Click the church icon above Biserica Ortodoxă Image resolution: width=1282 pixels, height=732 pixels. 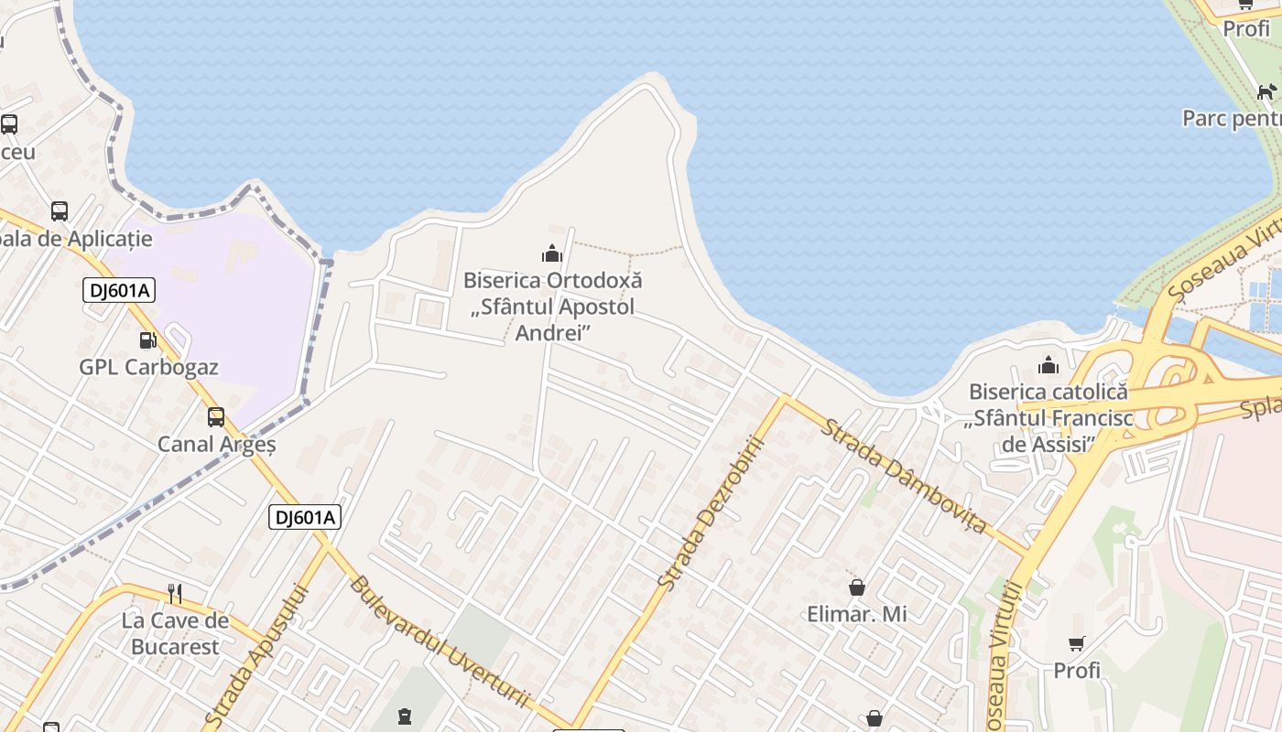[x=552, y=253]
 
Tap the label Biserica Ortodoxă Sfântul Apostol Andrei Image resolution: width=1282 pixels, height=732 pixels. [x=552, y=307]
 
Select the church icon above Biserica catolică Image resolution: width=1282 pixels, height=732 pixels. [x=1048, y=366]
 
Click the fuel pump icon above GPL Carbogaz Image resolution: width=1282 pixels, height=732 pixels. [x=147, y=340]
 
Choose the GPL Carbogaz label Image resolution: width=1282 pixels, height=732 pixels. [x=148, y=368]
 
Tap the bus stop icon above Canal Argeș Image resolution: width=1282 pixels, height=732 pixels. [x=216, y=417]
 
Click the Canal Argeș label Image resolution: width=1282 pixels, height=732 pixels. [x=217, y=445]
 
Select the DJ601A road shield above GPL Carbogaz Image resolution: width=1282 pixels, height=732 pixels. [x=119, y=291]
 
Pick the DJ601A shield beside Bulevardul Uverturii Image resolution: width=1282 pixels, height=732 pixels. [x=306, y=517]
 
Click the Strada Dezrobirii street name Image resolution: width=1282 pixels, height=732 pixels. [x=712, y=512]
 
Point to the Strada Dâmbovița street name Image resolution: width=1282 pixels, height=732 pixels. [x=904, y=476]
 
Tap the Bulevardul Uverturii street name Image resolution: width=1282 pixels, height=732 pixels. [x=439, y=641]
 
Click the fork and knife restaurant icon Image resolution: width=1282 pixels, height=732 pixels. [x=175, y=594]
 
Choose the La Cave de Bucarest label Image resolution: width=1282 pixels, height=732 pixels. [x=175, y=633]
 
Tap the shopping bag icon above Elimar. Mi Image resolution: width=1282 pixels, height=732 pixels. [x=857, y=587]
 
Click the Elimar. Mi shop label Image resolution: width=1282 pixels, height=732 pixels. [x=857, y=614]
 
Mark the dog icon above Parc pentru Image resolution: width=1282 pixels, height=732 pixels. [x=1266, y=91]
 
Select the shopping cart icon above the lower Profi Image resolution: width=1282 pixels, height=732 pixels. [x=1077, y=644]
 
